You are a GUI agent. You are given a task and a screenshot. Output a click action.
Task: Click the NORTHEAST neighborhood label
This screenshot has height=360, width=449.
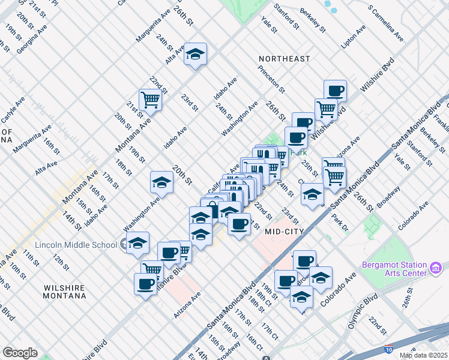[x=285, y=59]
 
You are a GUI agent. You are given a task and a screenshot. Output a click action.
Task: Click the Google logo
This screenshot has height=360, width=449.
[x=20, y=353]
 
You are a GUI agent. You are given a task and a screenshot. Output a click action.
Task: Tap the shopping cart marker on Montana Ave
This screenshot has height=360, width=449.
[x=149, y=99]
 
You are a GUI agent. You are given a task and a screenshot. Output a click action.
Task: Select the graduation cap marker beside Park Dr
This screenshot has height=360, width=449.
[x=312, y=195]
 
